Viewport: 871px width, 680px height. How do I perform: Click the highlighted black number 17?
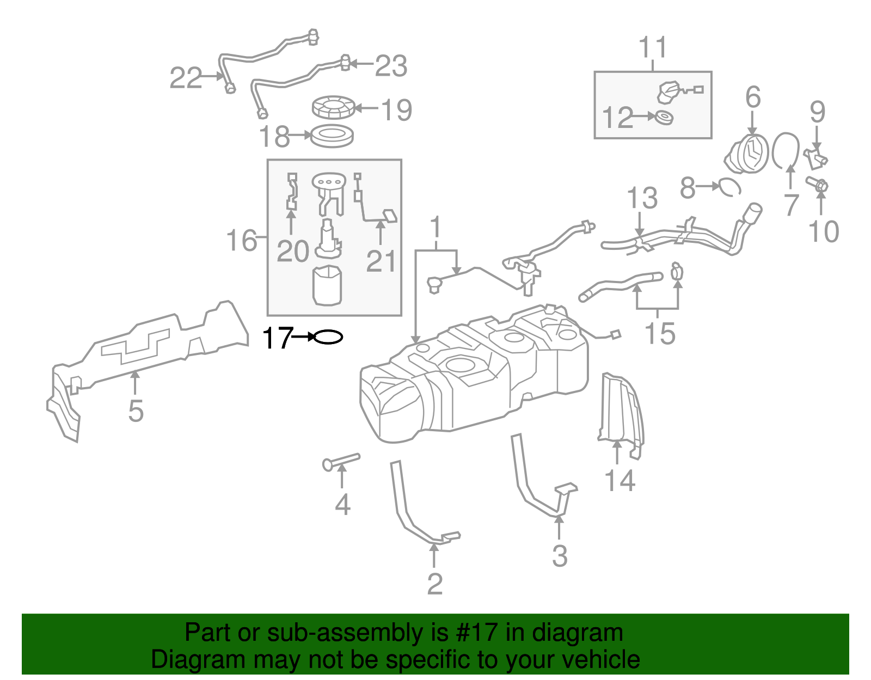pyautogui.click(x=277, y=338)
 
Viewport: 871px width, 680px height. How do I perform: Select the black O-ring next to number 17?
pyautogui.click(x=328, y=338)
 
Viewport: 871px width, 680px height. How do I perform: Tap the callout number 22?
pyautogui.click(x=186, y=78)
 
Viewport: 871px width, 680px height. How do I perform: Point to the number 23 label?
pyautogui.click(x=391, y=66)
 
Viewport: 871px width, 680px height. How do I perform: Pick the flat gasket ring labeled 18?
pyautogui.click(x=332, y=136)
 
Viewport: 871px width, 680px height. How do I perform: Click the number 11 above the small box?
pyautogui.click(x=653, y=48)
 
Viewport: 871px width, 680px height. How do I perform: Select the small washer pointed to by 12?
pyautogui.click(x=664, y=117)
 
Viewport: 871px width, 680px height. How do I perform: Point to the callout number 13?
pyautogui.click(x=642, y=198)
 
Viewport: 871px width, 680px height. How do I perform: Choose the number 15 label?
pyautogui.click(x=660, y=333)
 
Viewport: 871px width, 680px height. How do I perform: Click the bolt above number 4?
pyautogui.click(x=341, y=461)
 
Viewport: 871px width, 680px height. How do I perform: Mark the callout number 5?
pyautogui.click(x=136, y=411)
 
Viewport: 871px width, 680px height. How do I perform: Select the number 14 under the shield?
pyautogui.click(x=619, y=481)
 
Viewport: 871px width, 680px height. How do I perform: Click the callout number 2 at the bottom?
pyautogui.click(x=434, y=584)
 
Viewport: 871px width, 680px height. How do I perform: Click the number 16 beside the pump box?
pyautogui.click(x=241, y=240)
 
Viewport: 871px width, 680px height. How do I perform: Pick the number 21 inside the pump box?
pyautogui.click(x=381, y=261)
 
